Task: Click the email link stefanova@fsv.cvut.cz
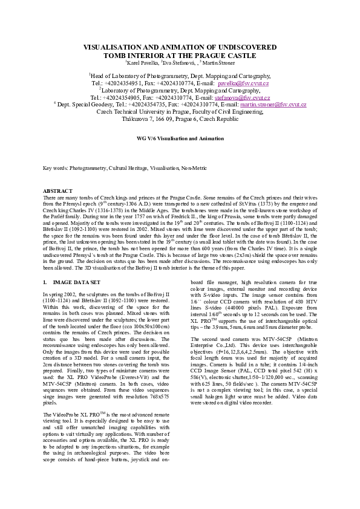click(242, 97)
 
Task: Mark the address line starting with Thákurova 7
click(180, 118)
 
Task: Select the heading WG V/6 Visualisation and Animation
click(180, 138)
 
